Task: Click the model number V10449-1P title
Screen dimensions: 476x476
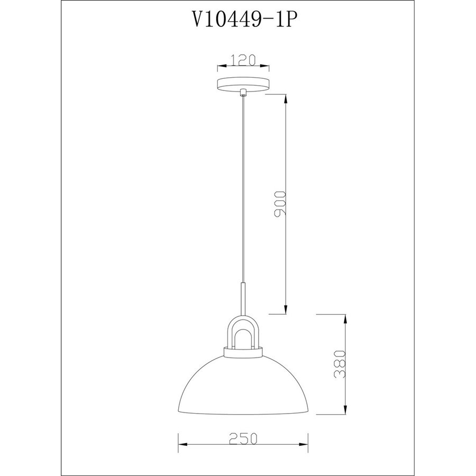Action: [x=243, y=20]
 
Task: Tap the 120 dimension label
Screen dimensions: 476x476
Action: [x=243, y=60]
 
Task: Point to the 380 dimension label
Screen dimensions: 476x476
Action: [x=340, y=365]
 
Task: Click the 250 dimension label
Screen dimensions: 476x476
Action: [x=243, y=438]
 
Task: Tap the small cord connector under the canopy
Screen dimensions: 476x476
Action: [x=243, y=93]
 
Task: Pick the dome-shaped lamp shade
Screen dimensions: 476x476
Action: [x=243, y=385]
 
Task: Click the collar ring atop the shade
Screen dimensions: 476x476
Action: [x=243, y=352]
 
